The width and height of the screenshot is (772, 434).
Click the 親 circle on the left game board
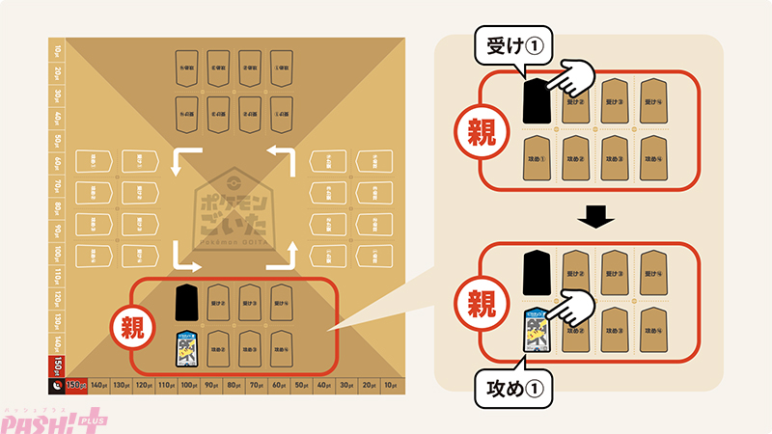[133, 326]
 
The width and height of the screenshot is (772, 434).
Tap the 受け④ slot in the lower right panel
[656, 273]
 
